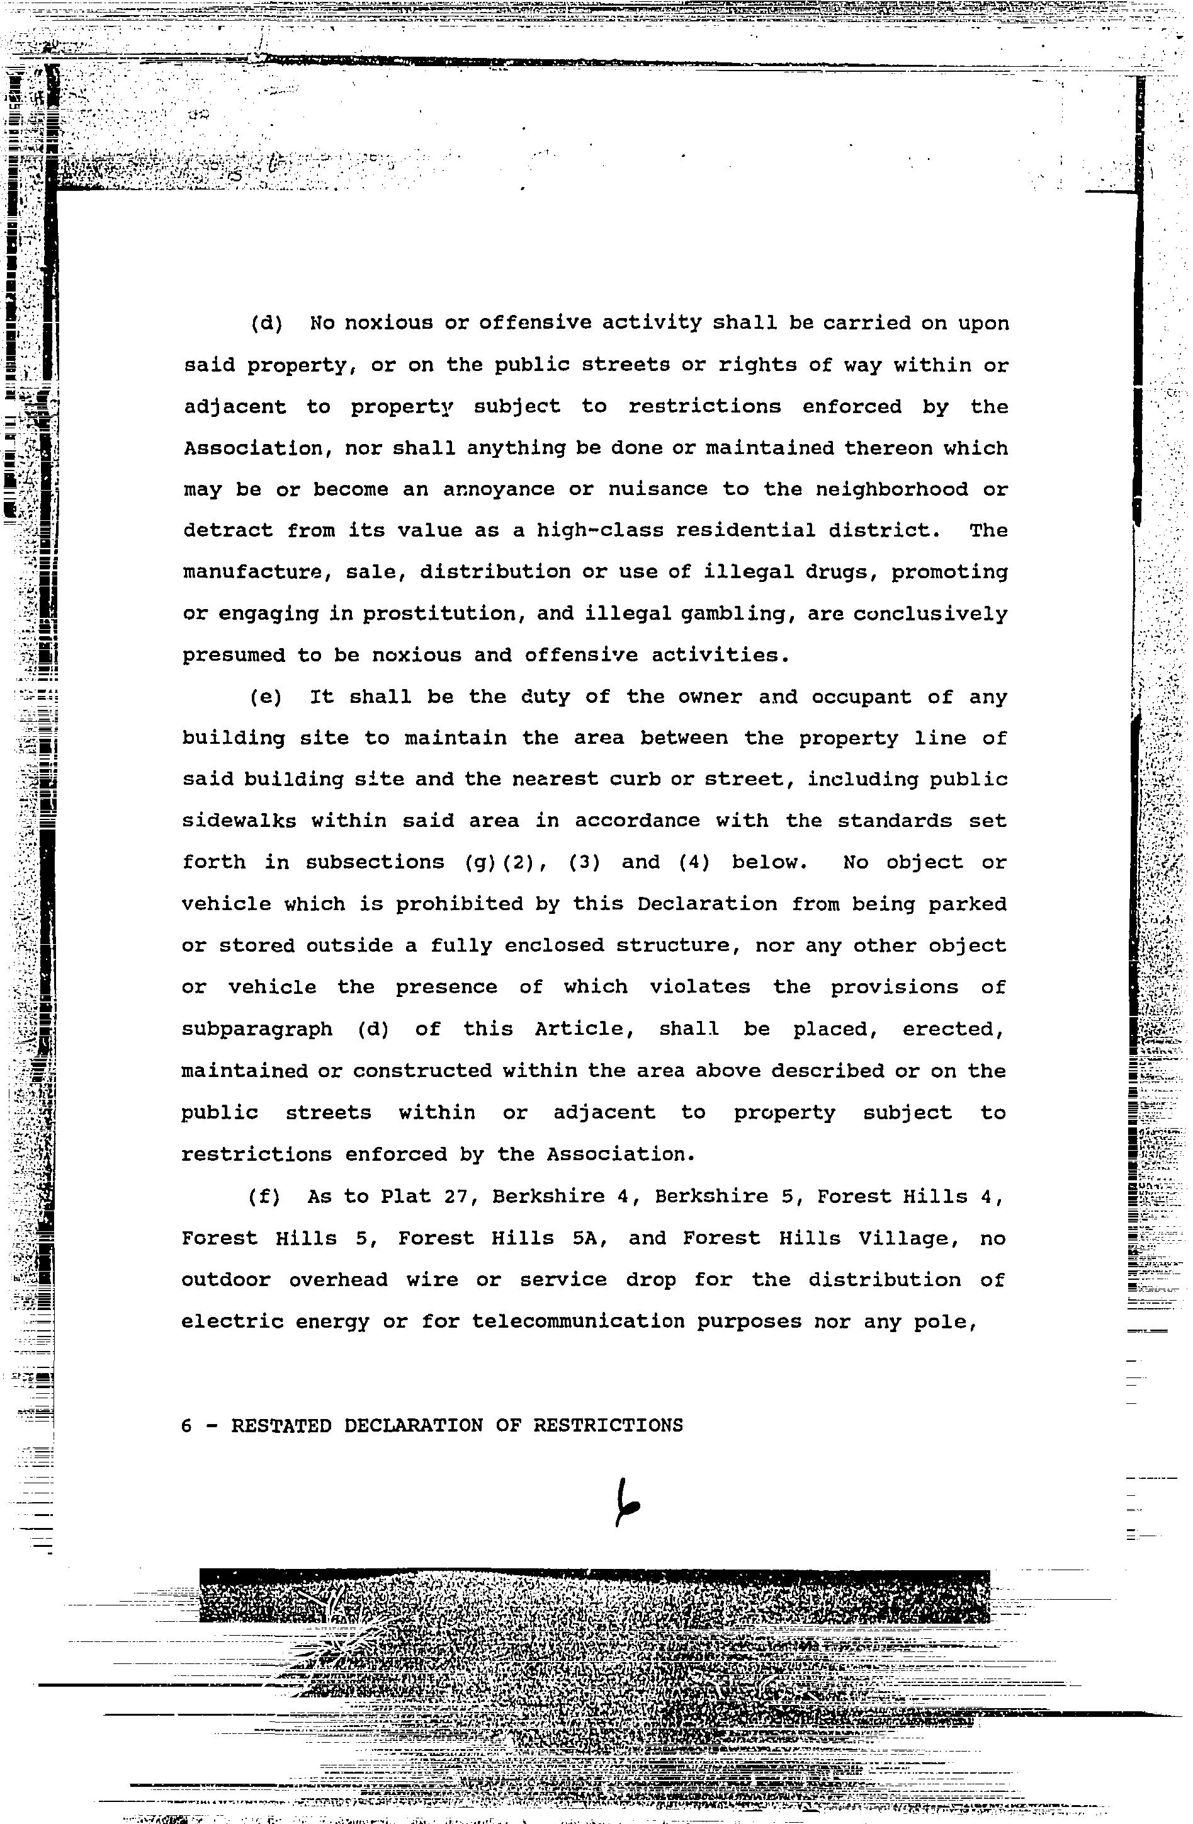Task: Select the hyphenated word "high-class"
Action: pos(600,530)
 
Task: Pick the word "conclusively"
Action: pos(930,614)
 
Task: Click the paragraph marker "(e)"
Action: pos(266,697)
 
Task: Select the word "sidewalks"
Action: pos(239,821)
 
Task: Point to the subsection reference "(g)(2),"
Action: pos(506,863)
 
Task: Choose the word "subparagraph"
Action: pos(257,1029)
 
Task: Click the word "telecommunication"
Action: pos(577,1322)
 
